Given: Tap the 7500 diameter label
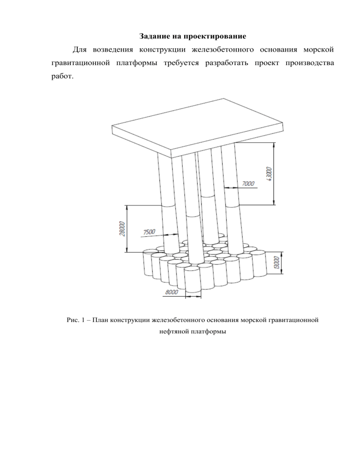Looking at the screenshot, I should [x=149, y=232].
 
